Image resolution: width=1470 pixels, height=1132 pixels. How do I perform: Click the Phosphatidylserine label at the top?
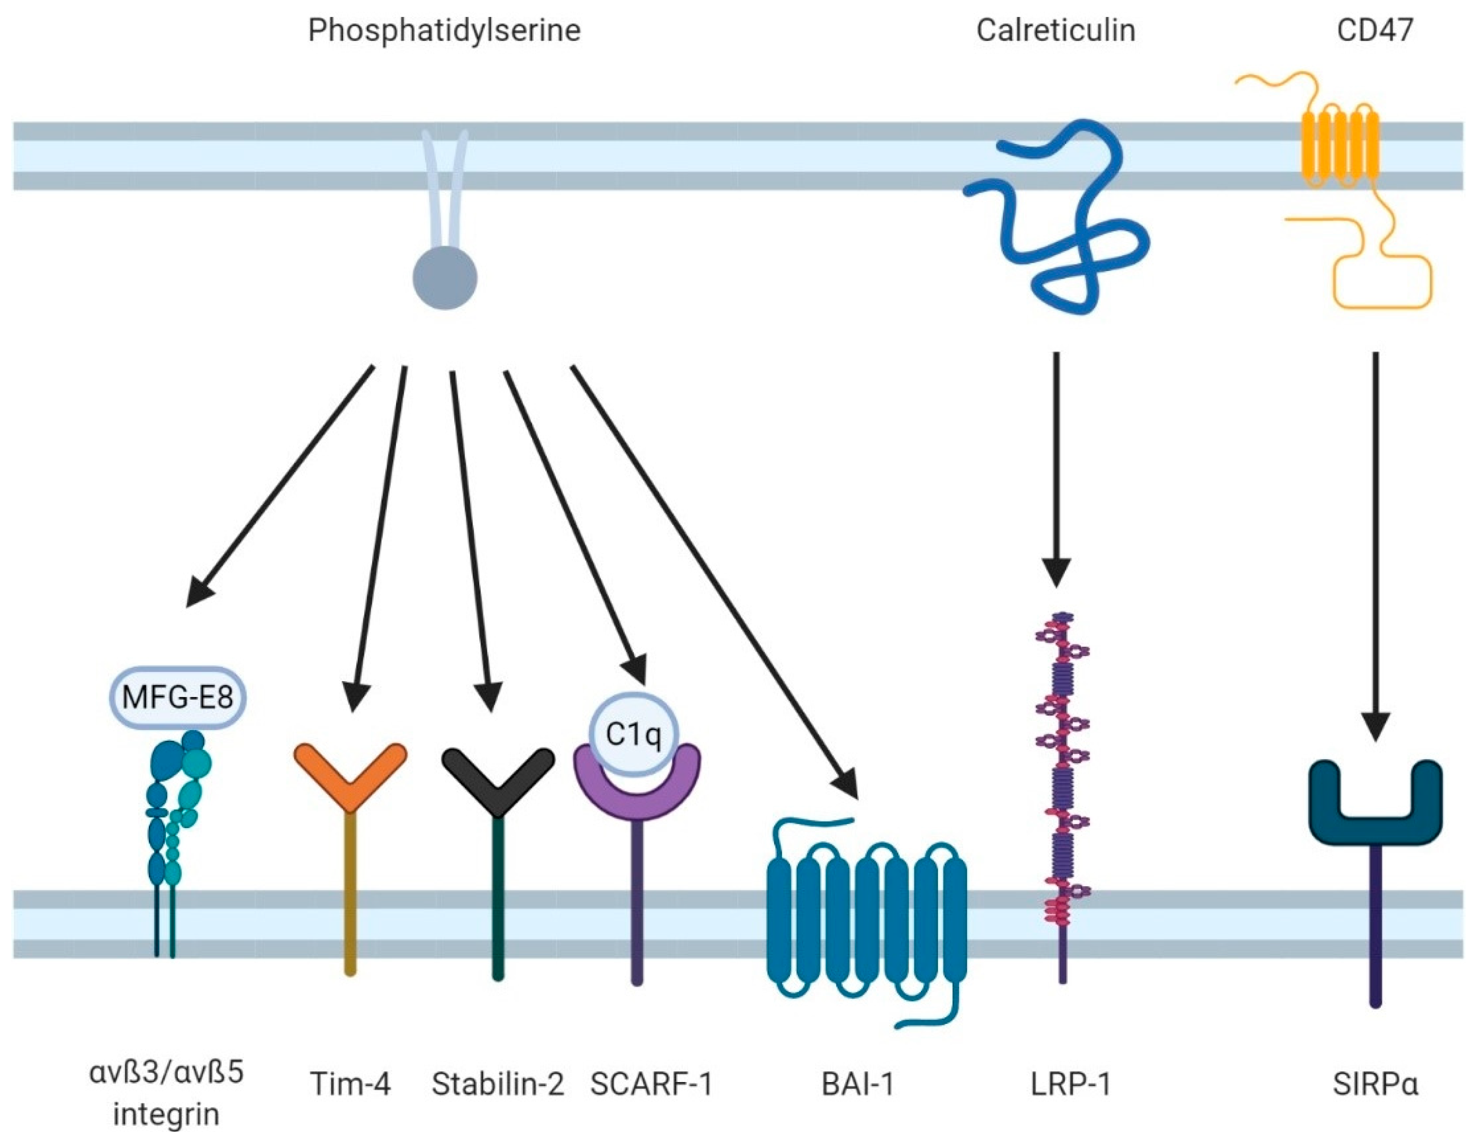(444, 31)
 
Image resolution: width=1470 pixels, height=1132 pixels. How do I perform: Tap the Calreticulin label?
(1056, 31)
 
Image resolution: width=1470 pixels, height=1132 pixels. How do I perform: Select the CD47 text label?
(1375, 31)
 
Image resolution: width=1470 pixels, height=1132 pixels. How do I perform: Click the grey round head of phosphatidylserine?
(445, 277)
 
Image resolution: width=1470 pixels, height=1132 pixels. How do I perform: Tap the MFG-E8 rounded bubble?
(178, 697)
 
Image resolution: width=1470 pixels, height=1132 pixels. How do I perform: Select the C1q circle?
(632, 734)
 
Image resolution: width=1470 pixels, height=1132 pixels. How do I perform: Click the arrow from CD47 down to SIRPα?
(1375, 539)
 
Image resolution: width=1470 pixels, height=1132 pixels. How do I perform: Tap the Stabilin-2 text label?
(498, 1084)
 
